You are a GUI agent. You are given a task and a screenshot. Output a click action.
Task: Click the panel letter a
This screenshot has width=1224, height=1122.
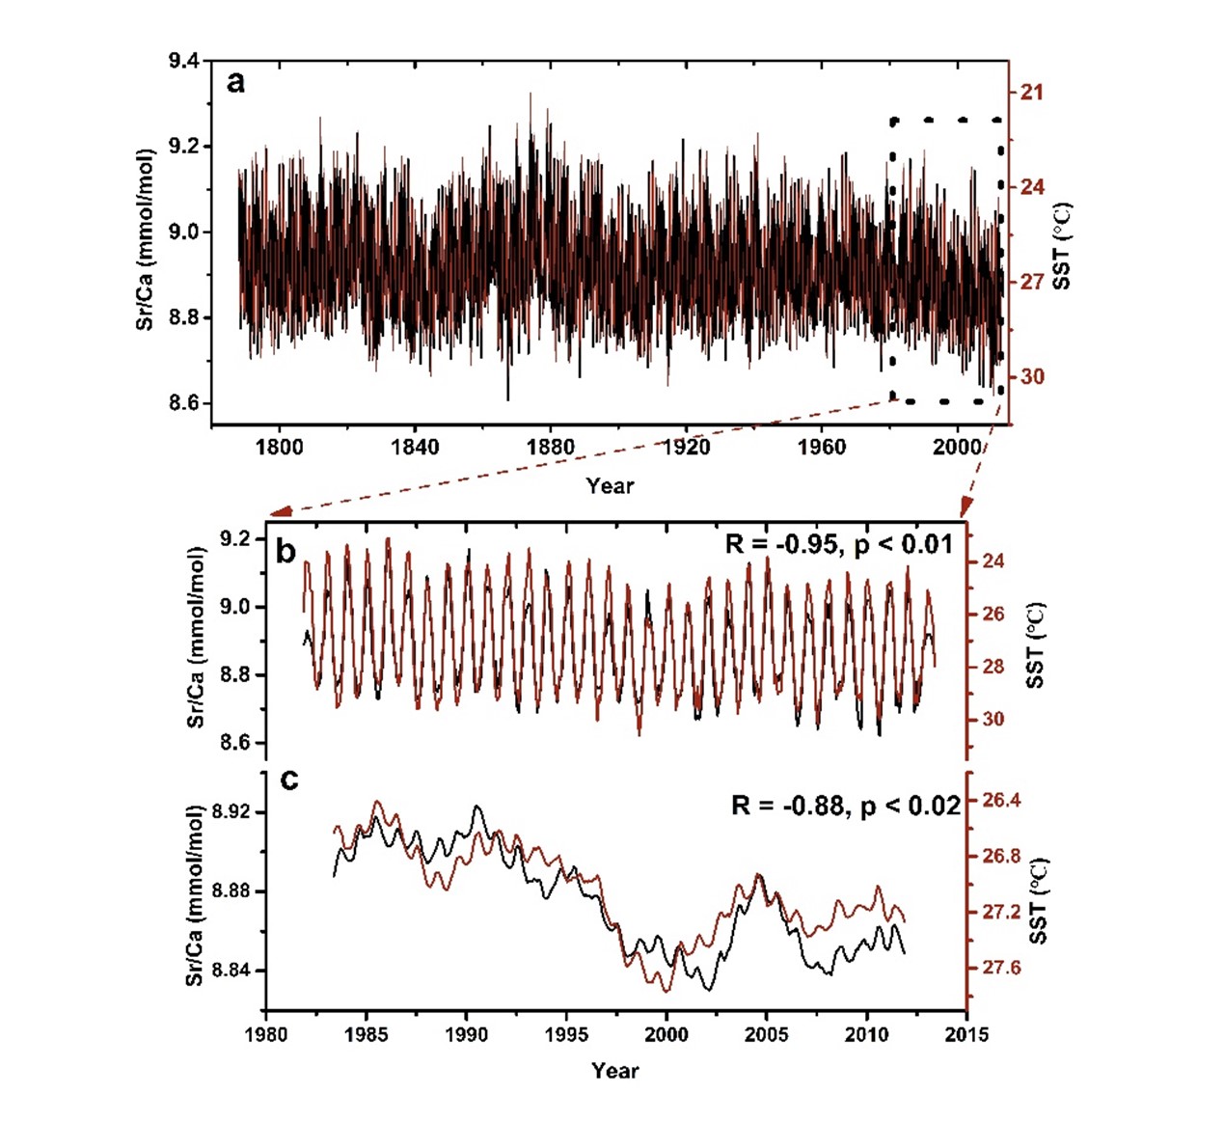(x=235, y=82)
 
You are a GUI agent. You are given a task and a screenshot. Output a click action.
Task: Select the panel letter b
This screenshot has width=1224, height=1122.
(x=286, y=551)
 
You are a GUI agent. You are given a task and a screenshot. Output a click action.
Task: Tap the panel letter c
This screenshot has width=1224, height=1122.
(x=288, y=779)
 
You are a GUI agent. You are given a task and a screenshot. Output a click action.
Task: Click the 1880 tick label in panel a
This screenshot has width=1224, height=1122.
(x=550, y=447)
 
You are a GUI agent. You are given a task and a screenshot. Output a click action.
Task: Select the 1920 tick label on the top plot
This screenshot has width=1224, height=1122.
(x=686, y=447)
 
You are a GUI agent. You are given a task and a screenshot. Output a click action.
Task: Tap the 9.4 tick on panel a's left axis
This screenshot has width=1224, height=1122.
(x=184, y=62)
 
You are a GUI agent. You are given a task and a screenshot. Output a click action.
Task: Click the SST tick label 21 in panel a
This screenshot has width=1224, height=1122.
(x=1032, y=93)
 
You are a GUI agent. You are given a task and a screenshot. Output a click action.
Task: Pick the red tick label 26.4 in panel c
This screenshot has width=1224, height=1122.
(x=1001, y=801)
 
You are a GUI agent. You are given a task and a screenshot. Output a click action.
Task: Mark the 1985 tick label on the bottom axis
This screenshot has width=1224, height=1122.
(x=366, y=1034)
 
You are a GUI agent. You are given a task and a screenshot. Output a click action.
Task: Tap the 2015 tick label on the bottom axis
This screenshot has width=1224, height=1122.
(x=966, y=1034)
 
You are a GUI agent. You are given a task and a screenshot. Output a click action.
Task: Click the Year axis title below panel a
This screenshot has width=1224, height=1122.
(x=610, y=486)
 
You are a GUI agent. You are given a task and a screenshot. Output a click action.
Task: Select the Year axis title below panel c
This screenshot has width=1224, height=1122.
(x=615, y=1070)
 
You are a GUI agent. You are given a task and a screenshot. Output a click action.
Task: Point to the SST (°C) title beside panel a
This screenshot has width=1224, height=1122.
(x=1061, y=245)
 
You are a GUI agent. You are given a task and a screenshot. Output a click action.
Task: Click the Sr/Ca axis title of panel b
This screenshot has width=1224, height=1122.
(x=196, y=637)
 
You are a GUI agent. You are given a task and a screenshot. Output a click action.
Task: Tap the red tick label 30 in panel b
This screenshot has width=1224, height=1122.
(x=992, y=719)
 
